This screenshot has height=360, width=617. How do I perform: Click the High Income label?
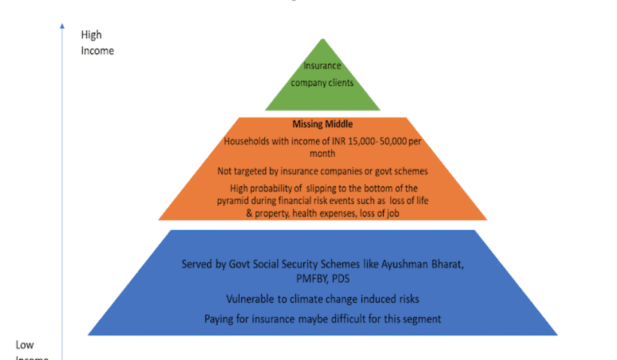tap(96, 42)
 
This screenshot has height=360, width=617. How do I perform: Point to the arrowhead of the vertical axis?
tap(62, 26)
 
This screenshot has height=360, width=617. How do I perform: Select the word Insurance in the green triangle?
tap(322, 66)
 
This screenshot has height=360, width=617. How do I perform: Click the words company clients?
tap(322, 83)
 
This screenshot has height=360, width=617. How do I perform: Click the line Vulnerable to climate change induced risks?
tap(322, 299)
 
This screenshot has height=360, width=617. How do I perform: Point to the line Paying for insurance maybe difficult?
tap(322, 319)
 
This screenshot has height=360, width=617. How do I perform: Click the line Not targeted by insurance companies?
tap(322, 170)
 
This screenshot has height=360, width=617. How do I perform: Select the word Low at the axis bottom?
tap(25, 345)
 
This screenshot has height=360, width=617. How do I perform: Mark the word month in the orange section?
tap(322, 154)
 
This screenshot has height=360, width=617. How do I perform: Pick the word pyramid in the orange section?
tap(234, 201)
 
